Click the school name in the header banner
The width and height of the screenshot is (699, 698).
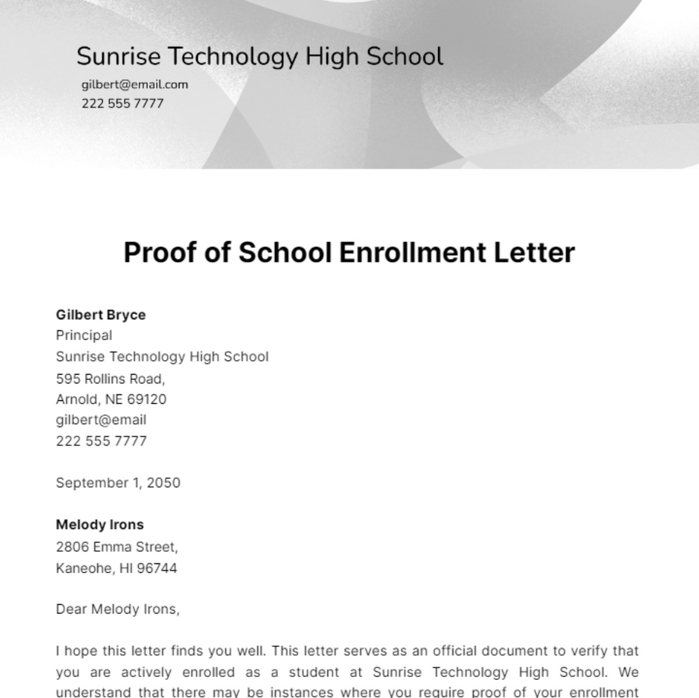260,57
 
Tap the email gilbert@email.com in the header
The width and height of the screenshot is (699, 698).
135,84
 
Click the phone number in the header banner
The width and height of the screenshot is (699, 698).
122,104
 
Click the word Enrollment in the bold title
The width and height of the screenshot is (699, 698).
412,253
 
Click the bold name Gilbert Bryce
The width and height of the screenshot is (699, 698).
101,315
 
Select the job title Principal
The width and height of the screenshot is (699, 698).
84,336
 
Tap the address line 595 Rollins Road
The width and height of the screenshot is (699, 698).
110,379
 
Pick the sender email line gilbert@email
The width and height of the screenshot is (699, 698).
101,420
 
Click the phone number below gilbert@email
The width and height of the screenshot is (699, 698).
101,441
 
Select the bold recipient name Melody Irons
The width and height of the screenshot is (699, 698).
100,525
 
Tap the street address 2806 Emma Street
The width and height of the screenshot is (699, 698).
116,547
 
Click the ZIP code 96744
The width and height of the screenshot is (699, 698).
157,568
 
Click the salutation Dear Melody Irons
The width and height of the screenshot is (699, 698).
118,609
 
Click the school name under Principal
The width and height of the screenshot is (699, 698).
162,357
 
